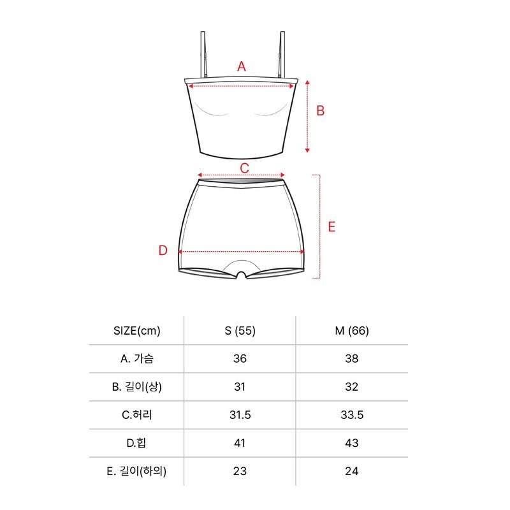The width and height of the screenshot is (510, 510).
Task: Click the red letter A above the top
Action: click(242, 66)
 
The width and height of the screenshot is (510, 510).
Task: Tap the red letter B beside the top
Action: click(321, 110)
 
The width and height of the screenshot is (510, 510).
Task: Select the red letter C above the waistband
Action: click(244, 168)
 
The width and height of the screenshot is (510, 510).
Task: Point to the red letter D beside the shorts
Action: click(163, 251)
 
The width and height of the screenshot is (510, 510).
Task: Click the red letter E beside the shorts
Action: click(331, 227)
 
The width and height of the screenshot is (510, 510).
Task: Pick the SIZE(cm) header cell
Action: click(137, 331)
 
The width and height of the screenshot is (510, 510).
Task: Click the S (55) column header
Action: click(240, 331)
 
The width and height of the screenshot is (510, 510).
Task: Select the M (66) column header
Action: click(352, 331)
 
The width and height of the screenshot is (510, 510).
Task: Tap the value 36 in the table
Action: click(240, 358)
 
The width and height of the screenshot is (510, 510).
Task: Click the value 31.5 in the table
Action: click(240, 415)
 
